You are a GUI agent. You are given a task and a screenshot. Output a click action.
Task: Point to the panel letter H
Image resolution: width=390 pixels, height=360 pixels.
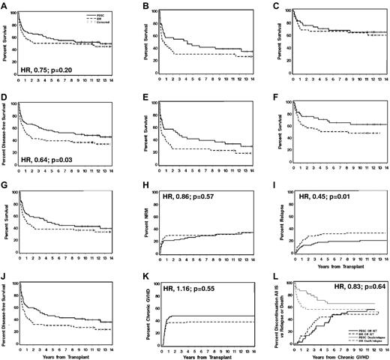pyautogui.click(x=138, y=187)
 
